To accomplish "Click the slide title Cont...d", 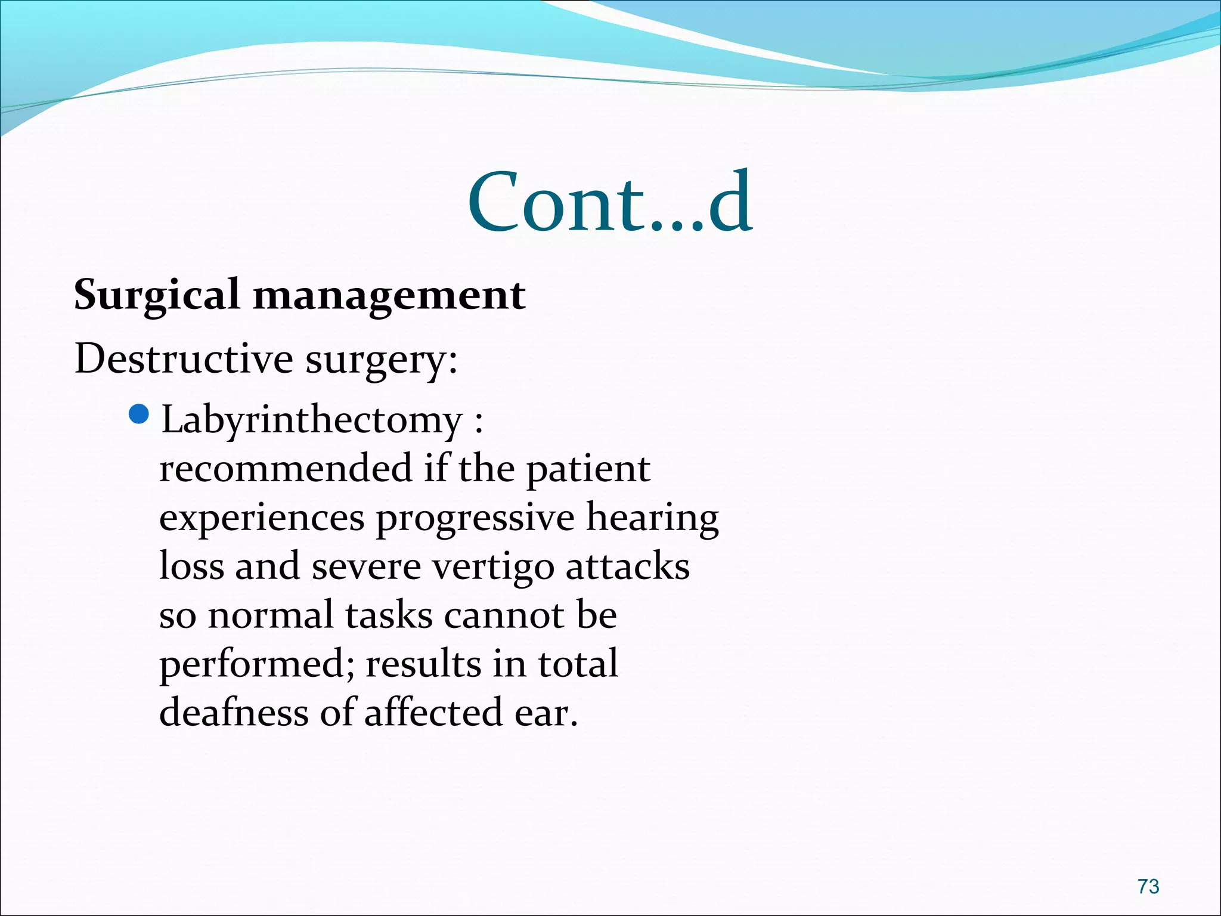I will click(x=610, y=203).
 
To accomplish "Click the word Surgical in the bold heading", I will click(x=157, y=295).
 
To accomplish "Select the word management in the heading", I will click(x=389, y=295).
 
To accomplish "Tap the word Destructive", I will click(x=184, y=359).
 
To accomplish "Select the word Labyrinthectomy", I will click(x=312, y=421).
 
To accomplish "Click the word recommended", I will click(x=286, y=468).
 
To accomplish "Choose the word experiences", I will click(x=262, y=518).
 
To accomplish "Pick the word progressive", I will click(x=475, y=518).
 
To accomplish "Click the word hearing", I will click(x=652, y=518).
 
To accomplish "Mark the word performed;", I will click(x=257, y=665).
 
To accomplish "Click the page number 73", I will click(x=1148, y=887).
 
